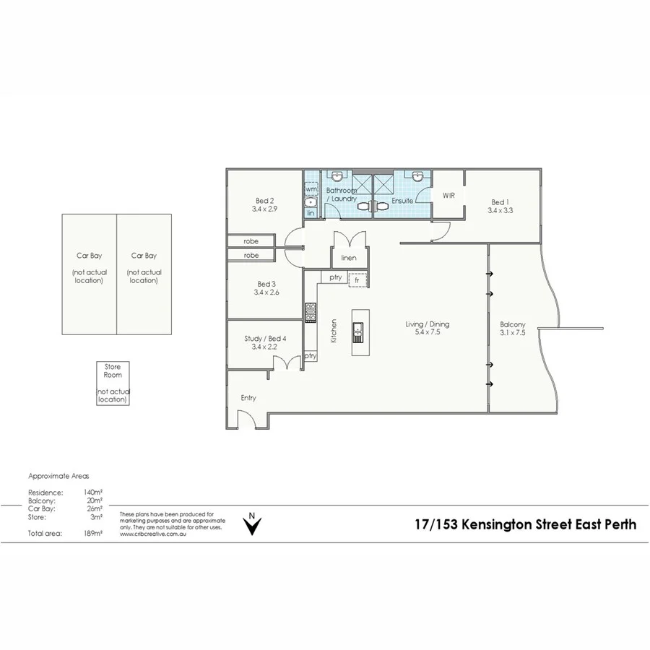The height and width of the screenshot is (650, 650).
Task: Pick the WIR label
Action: coord(448,195)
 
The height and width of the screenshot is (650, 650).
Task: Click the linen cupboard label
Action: coord(349,258)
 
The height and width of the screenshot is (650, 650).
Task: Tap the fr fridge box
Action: coord(357,279)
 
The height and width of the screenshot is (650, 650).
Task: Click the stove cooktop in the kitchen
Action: coord(311,311)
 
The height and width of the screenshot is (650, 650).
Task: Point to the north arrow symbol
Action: coord(251,525)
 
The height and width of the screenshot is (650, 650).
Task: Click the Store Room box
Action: coord(113,383)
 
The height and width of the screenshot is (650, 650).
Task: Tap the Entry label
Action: coord(248,398)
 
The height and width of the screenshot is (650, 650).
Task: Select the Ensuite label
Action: coord(402,200)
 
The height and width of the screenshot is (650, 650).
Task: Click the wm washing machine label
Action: coord(311,188)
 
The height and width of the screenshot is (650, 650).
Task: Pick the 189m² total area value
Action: coord(92,534)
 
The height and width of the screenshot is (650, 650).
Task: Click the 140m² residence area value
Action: coord(92,493)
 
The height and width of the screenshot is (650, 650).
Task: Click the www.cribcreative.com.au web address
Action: coord(151,534)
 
